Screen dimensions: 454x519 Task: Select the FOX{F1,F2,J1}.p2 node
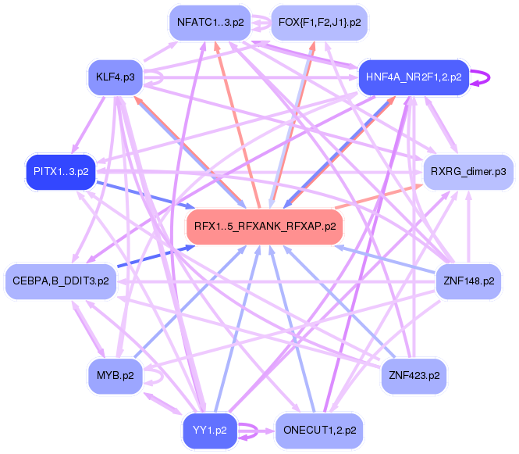click(x=319, y=23)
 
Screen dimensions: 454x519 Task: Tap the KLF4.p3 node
click(x=116, y=77)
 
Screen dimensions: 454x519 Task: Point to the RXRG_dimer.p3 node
click(x=467, y=170)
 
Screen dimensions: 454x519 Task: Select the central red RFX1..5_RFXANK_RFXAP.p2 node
click(x=265, y=227)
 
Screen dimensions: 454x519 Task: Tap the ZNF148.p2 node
click(x=467, y=281)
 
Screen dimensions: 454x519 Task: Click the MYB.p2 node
click(x=116, y=375)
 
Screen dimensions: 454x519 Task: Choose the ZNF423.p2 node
click(x=414, y=375)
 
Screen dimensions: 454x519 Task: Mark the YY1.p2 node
click(x=210, y=430)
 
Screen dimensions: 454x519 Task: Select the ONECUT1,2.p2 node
click(x=319, y=430)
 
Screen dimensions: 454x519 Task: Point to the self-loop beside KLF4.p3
click(x=156, y=77)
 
